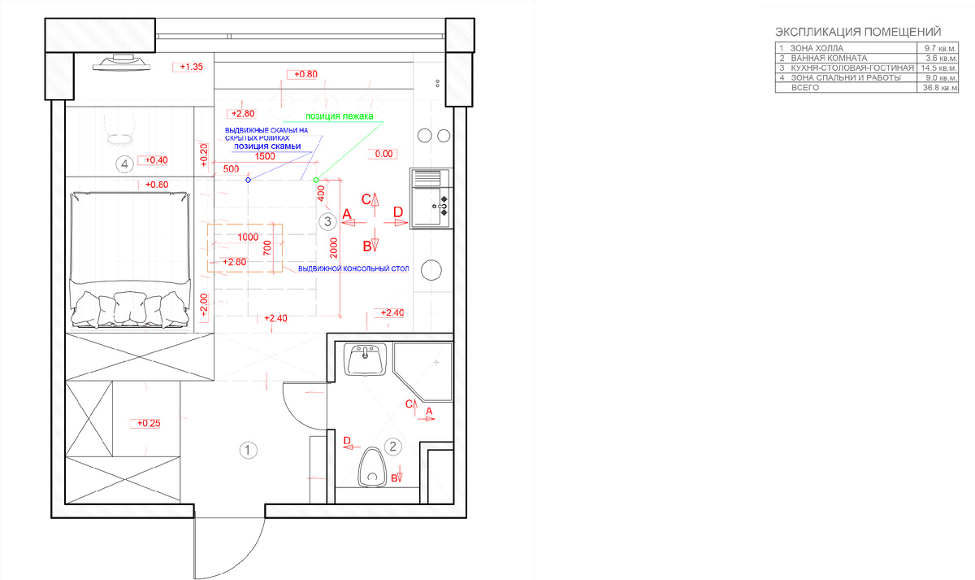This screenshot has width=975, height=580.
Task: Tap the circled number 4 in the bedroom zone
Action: pos(124,164)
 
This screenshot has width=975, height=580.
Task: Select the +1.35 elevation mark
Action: pos(192,67)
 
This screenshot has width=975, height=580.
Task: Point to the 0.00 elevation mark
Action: pos(383,153)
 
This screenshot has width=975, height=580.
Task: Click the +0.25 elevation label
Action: pos(149,423)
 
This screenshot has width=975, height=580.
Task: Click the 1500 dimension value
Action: pos(265,157)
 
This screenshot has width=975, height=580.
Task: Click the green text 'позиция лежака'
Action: pos(339,116)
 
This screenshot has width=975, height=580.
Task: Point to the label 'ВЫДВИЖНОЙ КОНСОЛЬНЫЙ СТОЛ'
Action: pos(353,268)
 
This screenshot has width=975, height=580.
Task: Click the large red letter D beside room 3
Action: pos(398,212)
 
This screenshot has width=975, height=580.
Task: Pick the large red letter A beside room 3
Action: pos(347,213)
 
